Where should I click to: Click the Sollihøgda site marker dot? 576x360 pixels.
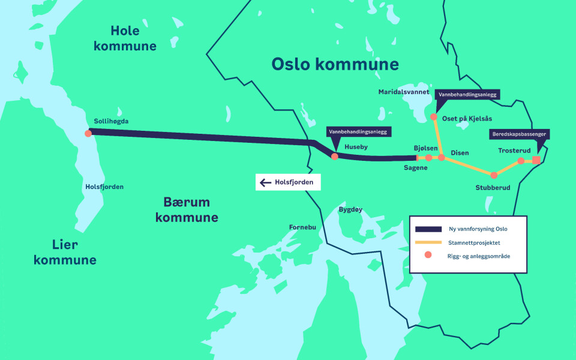click(88, 133)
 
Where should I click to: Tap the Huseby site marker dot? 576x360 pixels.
click(335, 156)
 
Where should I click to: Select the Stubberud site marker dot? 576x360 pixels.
click(494, 175)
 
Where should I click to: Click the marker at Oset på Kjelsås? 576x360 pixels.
click(434, 117)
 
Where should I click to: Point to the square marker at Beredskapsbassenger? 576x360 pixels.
click(536, 160)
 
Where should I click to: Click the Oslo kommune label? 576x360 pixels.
click(335, 64)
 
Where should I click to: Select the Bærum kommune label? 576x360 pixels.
click(186, 209)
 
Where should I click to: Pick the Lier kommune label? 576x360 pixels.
click(65, 252)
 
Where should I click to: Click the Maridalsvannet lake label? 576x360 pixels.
click(404, 92)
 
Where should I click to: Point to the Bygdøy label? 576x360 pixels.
click(351, 209)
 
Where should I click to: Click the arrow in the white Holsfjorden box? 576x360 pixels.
click(265, 182)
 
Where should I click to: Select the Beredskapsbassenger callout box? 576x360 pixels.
click(520, 134)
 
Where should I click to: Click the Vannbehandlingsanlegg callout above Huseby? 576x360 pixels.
click(358, 131)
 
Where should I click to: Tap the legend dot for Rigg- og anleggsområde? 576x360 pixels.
click(428, 256)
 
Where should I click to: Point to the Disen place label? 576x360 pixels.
click(460, 153)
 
